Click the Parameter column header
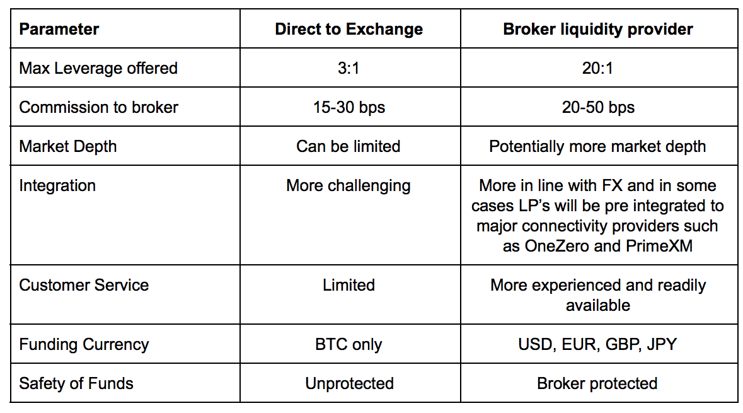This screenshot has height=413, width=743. [x=59, y=29]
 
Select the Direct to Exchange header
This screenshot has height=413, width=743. [x=348, y=29]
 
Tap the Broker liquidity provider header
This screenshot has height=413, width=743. [x=598, y=30]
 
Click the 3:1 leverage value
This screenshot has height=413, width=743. [x=348, y=68]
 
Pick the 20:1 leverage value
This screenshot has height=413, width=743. [x=597, y=68]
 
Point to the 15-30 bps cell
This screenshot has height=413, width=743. [x=348, y=108]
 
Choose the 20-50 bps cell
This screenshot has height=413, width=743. [x=598, y=108]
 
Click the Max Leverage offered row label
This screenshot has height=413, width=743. [x=98, y=68]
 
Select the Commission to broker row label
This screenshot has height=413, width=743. [x=98, y=107]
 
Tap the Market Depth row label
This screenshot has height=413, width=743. [x=68, y=146]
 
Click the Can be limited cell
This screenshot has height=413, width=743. [x=348, y=146]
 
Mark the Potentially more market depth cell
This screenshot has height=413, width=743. [x=597, y=146]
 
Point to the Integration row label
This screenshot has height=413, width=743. [x=57, y=186]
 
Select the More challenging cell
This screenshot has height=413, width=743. [x=348, y=186]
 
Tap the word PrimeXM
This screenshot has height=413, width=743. [x=659, y=246]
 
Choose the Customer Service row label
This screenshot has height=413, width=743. [x=84, y=285]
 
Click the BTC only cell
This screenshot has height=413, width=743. [x=348, y=344]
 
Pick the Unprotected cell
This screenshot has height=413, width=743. [x=349, y=383]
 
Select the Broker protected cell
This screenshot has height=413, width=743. [x=597, y=383]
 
